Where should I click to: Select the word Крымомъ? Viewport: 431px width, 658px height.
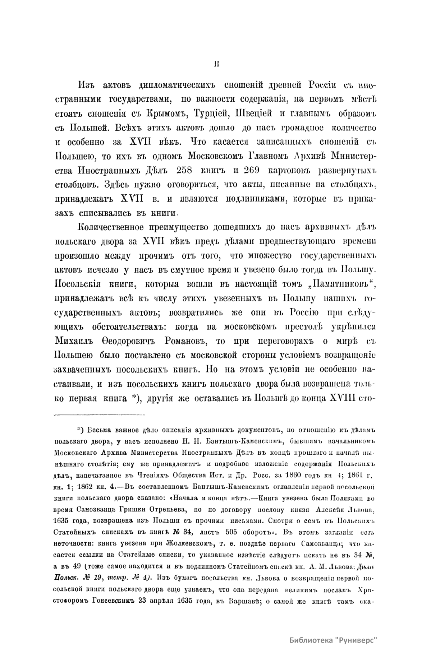tap(163, 114)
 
